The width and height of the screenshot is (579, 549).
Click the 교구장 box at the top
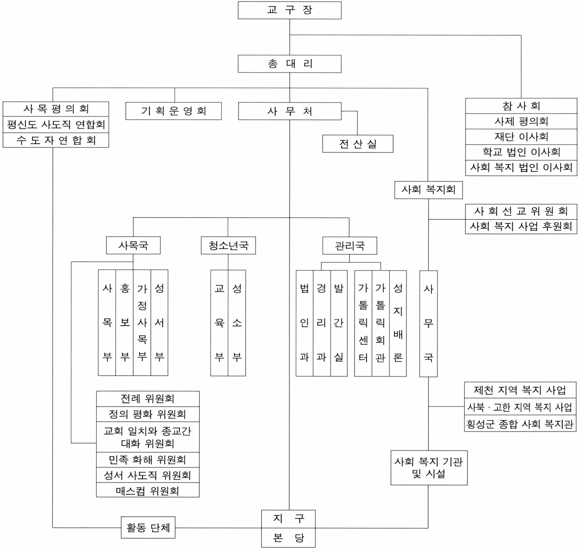(289, 10)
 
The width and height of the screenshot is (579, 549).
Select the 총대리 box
(289, 64)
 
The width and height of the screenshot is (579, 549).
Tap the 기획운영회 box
(173, 111)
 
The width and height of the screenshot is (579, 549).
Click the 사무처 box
(289, 111)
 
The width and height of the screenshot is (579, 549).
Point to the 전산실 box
(357, 144)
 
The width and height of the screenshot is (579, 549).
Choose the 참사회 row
(521, 106)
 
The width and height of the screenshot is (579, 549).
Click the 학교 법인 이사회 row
(521, 152)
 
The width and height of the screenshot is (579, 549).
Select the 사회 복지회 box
(428, 190)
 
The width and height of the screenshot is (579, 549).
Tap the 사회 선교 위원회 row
(521, 212)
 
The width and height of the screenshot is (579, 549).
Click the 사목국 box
(133, 245)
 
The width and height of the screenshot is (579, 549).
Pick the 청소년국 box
(228, 245)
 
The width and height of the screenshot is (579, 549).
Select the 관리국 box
(349, 246)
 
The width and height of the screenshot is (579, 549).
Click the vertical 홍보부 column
(124, 323)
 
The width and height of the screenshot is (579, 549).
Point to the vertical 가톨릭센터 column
(363, 323)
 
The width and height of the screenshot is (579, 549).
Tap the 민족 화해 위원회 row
(148, 460)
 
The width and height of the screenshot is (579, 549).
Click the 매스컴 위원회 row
(148, 491)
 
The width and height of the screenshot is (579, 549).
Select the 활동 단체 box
(148, 527)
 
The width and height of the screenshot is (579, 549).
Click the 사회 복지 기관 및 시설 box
(429, 468)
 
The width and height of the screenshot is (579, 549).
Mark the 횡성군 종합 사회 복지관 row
(520, 424)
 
